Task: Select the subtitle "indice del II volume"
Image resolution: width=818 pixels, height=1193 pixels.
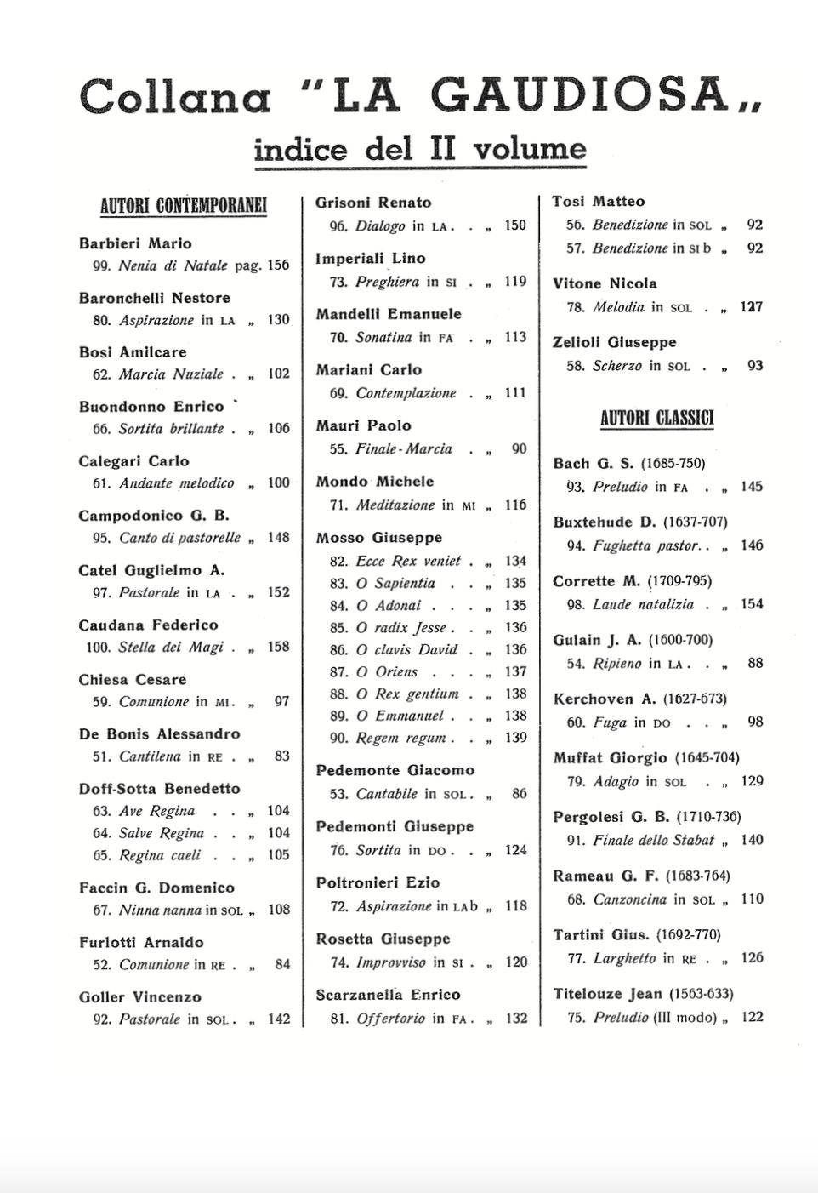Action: pyautogui.click(x=420, y=149)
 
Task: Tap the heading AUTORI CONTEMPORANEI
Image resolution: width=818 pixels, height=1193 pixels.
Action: pyautogui.click(x=183, y=205)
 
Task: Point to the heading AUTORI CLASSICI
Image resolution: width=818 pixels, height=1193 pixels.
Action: pyautogui.click(x=656, y=418)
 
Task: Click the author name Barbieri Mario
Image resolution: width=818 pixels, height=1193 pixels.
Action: pyautogui.click(x=135, y=243)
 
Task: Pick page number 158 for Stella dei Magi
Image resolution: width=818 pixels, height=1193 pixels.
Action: pyautogui.click(x=278, y=647)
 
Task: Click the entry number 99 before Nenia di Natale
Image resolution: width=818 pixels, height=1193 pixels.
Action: pyautogui.click(x=101, y=265)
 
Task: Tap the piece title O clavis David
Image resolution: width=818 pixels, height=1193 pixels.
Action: pyautogui.click(x=406, y=649)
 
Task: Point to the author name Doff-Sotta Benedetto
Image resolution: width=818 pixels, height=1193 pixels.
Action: pyautogui.click(x=159, y=789)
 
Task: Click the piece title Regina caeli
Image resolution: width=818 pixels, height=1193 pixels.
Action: pyautogui.click(x=160, y=855)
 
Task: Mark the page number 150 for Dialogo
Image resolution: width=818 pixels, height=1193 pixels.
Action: pyautogui.click(x=515, y=225)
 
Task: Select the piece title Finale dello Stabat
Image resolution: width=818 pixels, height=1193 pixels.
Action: pyautogui.click(x=654, y=840)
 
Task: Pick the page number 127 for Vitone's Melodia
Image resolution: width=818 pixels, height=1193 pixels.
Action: pyautogui.click(x=751, y=306)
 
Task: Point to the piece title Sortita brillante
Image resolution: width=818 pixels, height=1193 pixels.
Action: pyautogui.click(x=171, y=429)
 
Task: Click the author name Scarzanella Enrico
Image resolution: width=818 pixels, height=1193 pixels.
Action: pyautogui.click(x=388, y=995)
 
